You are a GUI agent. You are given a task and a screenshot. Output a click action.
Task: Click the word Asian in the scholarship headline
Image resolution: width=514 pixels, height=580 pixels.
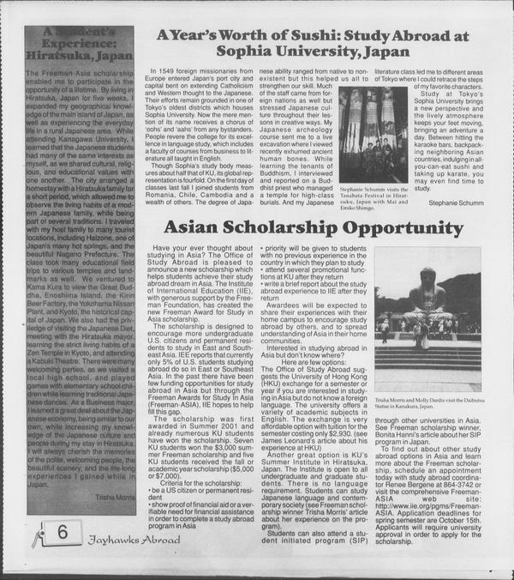click(194, 227)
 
